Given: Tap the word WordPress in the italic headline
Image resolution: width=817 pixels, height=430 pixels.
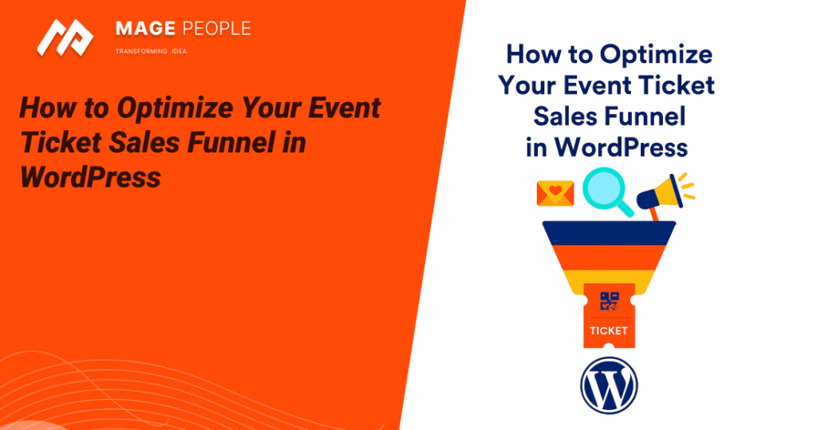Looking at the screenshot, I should [x=90, y=176].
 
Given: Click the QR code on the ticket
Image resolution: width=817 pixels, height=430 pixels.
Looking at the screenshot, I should [x=609, y=301].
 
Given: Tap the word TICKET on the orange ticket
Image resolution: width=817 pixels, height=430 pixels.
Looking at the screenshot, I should [x=609, y=330].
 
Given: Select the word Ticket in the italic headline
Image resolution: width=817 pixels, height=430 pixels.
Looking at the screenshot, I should [x=57, y=142].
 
